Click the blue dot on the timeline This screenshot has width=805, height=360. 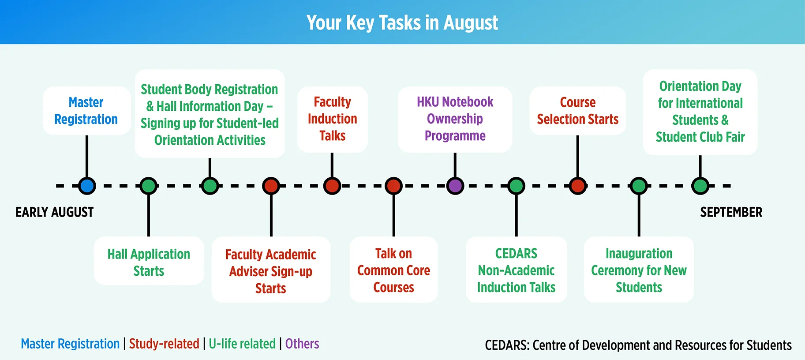point(87,186)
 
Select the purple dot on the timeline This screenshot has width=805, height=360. point(455,186)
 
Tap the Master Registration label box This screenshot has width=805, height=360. point(86,111)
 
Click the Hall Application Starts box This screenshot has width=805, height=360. point(149,261)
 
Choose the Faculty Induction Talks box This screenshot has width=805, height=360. point(332,120)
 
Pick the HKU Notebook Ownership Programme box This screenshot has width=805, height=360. point(455,120)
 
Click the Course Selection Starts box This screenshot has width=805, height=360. point(577,111)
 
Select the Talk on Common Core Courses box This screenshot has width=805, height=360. point(393,270)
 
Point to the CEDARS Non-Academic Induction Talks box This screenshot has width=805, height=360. point(516,270)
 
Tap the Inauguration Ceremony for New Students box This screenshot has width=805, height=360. point(639,270)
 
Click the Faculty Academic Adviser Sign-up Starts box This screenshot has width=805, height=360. point(271,270)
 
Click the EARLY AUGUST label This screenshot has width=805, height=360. point(55,212)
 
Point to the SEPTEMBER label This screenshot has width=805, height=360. point(731,212)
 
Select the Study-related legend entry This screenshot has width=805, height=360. point(164,344)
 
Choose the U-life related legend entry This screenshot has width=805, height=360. point(242,344)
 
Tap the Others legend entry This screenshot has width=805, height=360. point(302,344)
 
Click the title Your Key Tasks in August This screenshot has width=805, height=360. point(402,22)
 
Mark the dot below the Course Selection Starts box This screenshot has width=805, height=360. point(577,186)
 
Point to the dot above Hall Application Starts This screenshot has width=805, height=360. point(149,186)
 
